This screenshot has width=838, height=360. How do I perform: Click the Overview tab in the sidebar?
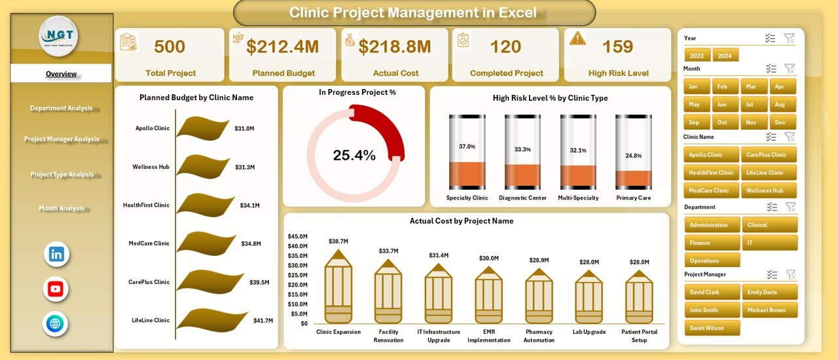[61, 74]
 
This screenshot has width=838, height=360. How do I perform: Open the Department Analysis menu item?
[61, 108]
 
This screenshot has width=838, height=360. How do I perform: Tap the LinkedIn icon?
[56, 254]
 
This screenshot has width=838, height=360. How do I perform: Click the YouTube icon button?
[56, 289]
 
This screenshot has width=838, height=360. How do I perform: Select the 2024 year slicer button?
[725, 56]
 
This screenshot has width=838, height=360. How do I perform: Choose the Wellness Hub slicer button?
[769, 190]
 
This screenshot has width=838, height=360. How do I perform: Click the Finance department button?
[712, 243]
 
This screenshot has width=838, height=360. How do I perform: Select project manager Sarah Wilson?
[712, 328]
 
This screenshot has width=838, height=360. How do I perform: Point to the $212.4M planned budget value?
[283, 46]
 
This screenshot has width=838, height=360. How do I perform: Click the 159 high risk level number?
[618, 46]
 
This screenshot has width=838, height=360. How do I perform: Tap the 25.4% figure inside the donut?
[354, 155]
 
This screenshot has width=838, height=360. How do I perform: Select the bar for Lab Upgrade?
[589, 297]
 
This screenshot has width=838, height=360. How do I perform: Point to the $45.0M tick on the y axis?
[298, 236]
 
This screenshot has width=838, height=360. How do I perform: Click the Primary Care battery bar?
[634, 152]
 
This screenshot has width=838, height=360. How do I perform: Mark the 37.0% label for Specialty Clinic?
[467, 147]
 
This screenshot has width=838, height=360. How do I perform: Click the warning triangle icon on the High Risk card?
[577, 38]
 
